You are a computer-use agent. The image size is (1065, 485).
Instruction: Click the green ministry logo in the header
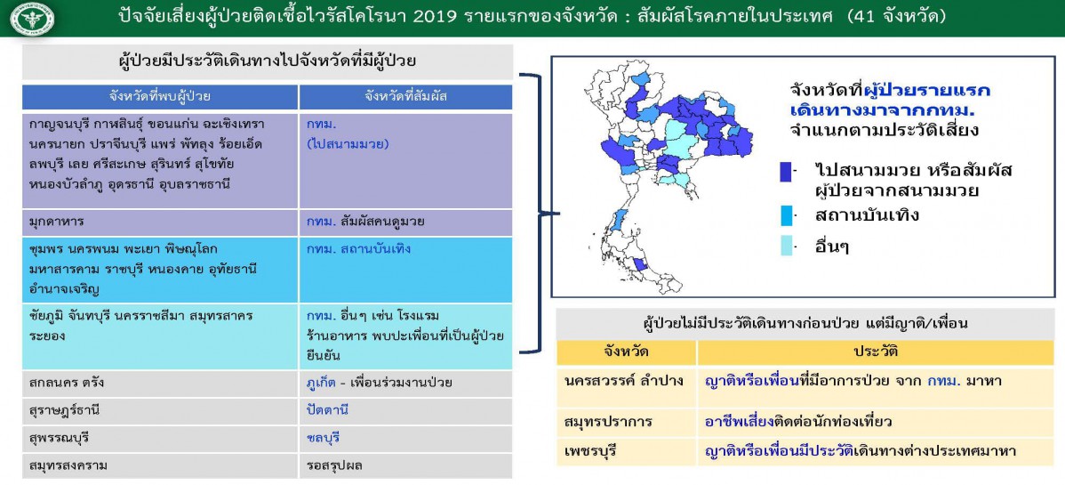(x=33, y=19)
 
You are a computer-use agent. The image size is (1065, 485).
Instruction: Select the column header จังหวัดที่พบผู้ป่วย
(x=160, y=97)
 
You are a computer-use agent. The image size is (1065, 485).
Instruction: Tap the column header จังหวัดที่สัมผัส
(x=405, y=97)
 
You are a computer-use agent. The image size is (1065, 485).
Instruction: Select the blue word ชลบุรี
(x=324, y=437)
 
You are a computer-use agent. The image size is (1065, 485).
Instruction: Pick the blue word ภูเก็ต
(x=323, y=383)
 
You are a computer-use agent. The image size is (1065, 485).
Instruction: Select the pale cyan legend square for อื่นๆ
(x=787, y=245)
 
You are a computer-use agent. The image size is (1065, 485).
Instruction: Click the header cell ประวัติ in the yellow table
(x=876, y=352)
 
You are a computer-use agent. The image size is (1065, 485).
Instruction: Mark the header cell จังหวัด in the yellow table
(x=626, y=352)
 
